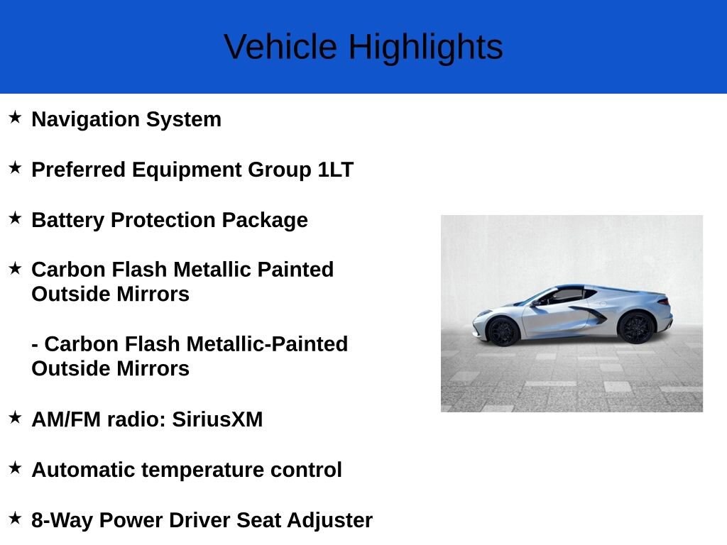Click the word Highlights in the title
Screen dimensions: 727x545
[426, 48]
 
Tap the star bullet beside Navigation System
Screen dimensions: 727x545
[15, 117]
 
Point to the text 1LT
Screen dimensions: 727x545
[336, 170]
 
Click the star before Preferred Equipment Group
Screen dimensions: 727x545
[15, 167]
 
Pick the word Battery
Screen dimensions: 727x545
[67, 220]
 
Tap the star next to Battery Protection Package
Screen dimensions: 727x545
[15, 218]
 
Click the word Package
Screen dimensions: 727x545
[265, 220]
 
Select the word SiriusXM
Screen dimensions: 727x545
[217, 419]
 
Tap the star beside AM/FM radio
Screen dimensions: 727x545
[15, 417]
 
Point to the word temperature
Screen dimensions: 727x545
[203, 470]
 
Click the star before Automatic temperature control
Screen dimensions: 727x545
[15, 468]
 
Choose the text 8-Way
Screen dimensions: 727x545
[62, 520]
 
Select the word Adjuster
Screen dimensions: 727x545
[329, 520]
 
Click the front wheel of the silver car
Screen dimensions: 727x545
[503, 331]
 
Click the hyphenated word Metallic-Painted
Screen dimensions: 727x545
[267, 344]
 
